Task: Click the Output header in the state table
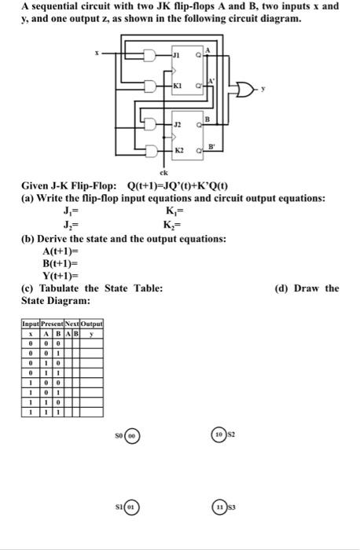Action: coord(91,324)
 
